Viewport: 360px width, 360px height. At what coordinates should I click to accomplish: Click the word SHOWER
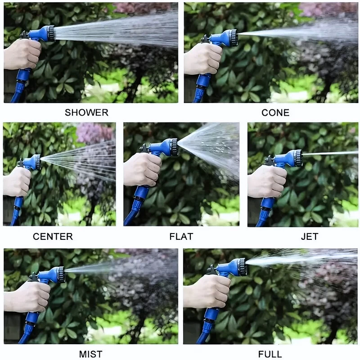click(86, 112)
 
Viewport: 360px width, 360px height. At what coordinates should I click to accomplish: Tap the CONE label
click(275, 112)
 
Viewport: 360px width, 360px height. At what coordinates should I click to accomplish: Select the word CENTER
click(53, 237)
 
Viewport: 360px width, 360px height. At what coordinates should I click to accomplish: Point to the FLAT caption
click(181, 237)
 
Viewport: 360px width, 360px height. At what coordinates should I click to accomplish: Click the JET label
click(310, 237)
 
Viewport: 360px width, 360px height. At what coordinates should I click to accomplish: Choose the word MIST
click(91, 354)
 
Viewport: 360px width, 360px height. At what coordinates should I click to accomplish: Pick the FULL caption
click(270, 354)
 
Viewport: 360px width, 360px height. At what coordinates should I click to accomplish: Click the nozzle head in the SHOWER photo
click(50, 33)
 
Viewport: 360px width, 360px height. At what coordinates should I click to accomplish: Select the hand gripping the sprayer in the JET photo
click(267, 181)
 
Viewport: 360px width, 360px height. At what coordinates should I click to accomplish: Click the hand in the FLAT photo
click(143, 170)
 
